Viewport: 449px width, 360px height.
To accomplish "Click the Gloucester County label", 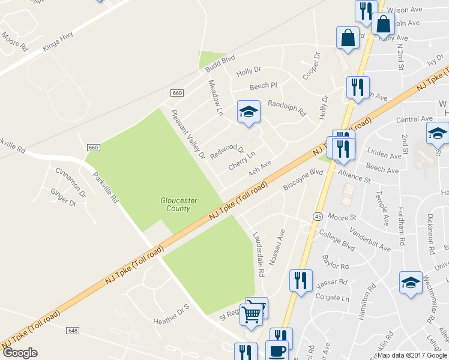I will tap(175, 205).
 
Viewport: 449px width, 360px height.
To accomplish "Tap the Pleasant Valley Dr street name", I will tap(188, 134).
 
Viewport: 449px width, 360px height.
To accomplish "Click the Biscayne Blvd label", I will tap(303, 179).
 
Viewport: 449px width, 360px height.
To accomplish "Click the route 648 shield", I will tap(73, 331).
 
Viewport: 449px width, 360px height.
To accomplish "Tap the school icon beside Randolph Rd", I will tap(249, 112).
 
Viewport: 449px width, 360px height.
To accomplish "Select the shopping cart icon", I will tap(253, 312).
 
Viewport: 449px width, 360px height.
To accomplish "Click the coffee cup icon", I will tap(277, 351).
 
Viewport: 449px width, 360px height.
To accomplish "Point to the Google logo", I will tap(20, 353).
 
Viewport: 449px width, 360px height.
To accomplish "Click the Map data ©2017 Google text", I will tap(412, 355).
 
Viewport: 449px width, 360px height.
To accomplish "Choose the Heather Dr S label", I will tap(171, 306).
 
